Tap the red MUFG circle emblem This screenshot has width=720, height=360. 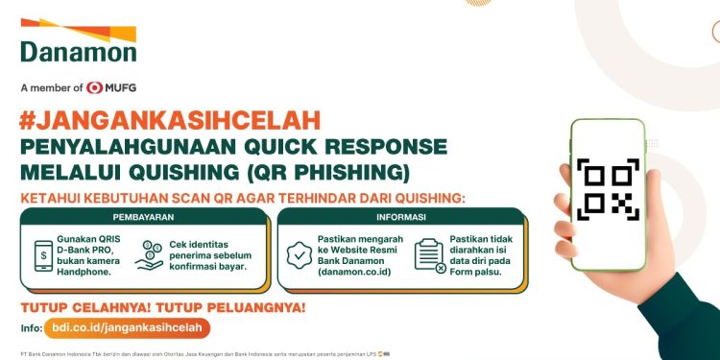(x=94, y=87)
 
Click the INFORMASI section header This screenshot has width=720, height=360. (x=400, y=217)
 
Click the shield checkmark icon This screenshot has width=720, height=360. (x=300, y=253)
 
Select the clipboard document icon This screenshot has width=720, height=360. (x=428, y=255)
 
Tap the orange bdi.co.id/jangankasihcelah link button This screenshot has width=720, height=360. (x=127, y=328)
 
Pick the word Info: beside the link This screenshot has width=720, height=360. (x=30, y=328)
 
